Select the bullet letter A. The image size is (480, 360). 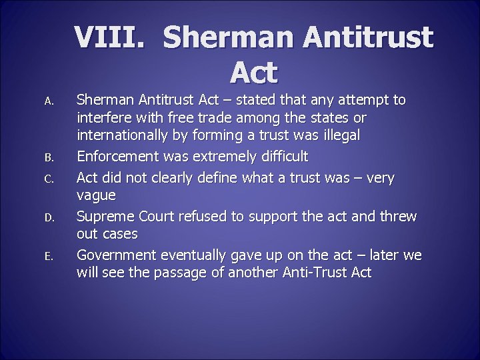tap(48, 101)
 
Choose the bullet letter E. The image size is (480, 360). tap(48, 256)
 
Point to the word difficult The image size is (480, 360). tap(281, 157)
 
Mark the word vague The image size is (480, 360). tap(97, 196)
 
